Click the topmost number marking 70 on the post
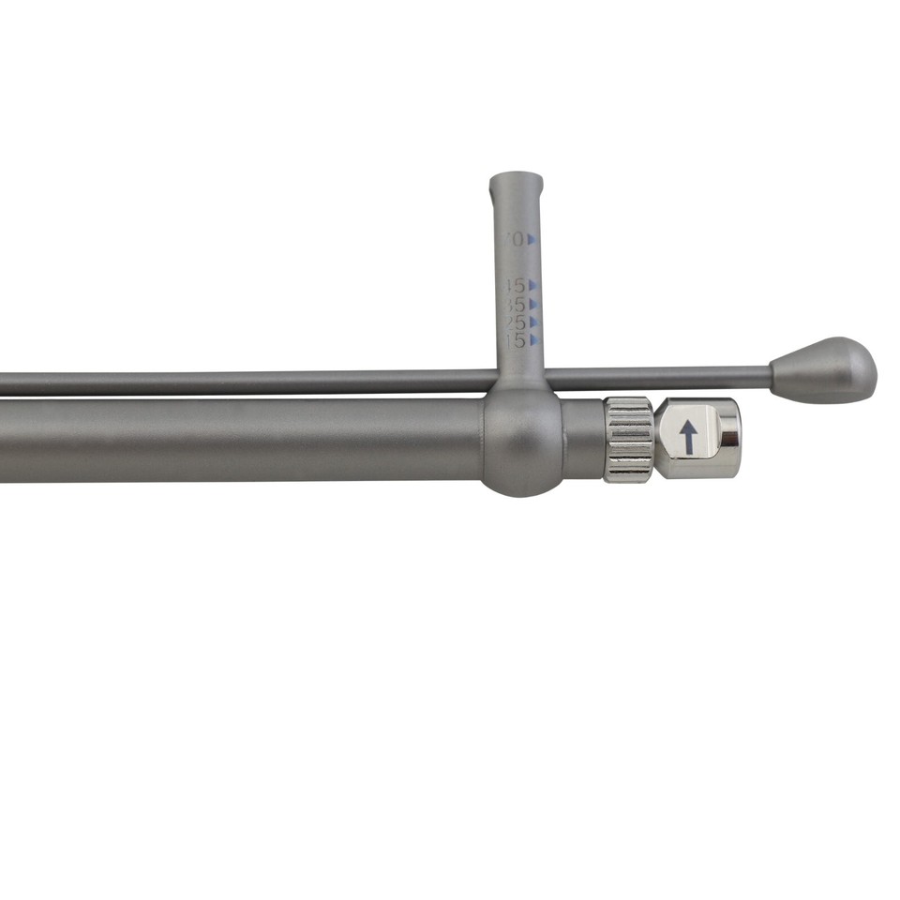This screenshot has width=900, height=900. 514,239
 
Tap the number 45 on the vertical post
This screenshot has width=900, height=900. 513,285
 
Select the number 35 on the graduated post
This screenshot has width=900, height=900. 513,305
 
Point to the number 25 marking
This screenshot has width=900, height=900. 514,322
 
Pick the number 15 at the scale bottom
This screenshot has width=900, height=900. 514,340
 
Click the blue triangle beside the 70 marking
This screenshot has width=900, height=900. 532,239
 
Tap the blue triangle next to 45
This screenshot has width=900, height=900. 532,285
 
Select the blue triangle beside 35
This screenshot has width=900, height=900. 532,305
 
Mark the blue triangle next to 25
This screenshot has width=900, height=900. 533,322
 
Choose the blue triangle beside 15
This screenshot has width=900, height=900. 533,340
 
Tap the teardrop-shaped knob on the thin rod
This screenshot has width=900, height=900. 825,371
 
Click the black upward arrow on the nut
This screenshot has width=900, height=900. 688,437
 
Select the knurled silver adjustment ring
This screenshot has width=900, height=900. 628,439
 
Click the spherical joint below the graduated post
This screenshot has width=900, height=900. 522,441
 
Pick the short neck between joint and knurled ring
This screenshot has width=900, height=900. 582,439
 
